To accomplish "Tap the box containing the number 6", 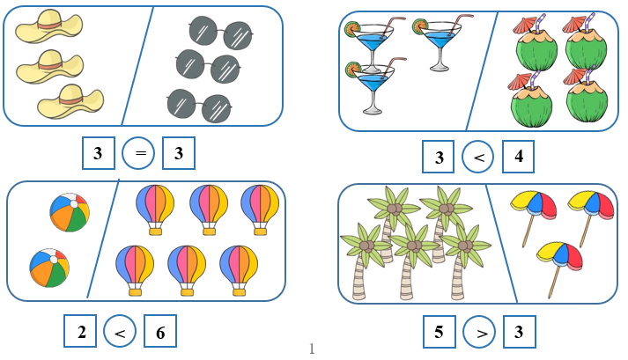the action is click(160, 331).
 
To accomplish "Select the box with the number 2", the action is click(80, 331).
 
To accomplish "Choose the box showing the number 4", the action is click(518, 157).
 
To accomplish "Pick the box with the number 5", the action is click(440, 332).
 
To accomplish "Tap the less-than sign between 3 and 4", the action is click(478, 157).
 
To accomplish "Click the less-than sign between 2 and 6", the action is click(120, 332).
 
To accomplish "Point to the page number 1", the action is click(312, 349).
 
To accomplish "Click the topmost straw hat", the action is click(49, 26).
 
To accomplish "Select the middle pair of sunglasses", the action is click(208, 66).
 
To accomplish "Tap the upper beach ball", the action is click(70, 213).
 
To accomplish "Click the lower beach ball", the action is click(49, 268).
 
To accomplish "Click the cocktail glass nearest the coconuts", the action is click(439, 44).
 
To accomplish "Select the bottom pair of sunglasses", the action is click(199, 106).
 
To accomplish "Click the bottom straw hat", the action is click(70, 101).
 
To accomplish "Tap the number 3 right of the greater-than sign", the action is click(519, 332).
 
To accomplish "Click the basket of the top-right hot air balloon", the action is click(260, 231).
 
